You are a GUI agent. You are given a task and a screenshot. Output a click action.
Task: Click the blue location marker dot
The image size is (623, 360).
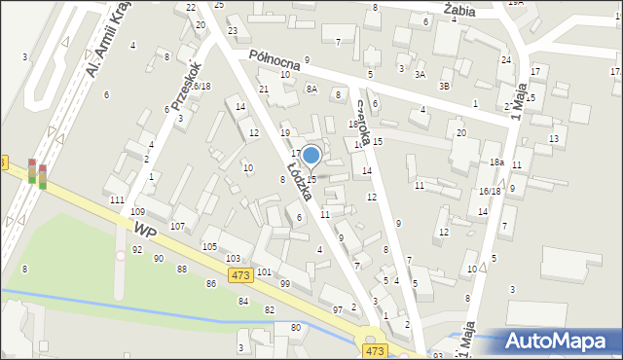(311, 155)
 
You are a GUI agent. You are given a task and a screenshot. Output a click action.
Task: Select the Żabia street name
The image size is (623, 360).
(458, 10)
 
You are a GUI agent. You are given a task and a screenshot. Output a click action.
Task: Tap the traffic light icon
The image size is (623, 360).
(37, 171)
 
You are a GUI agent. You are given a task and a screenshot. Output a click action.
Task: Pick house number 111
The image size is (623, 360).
(117, 199)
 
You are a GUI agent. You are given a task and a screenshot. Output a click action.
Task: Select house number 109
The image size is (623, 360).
(138, 211)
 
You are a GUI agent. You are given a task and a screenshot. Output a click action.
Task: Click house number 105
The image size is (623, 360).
(209, 246)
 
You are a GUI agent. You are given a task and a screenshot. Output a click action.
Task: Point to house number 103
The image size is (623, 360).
(233, 259)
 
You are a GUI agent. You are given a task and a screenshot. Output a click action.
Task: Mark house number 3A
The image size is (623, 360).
(421, 74)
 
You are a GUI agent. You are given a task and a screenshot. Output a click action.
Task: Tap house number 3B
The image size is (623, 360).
(445, 86)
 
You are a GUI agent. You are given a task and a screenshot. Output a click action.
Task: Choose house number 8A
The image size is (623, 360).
(311, 89)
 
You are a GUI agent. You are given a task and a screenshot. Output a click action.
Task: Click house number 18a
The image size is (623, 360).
(495, 162)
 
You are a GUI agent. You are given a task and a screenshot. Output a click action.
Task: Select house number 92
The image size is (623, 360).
(136, 249)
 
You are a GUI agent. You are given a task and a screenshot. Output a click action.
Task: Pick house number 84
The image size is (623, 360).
(243, 301)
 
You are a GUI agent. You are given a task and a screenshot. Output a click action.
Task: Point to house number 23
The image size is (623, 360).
(233, 31)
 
